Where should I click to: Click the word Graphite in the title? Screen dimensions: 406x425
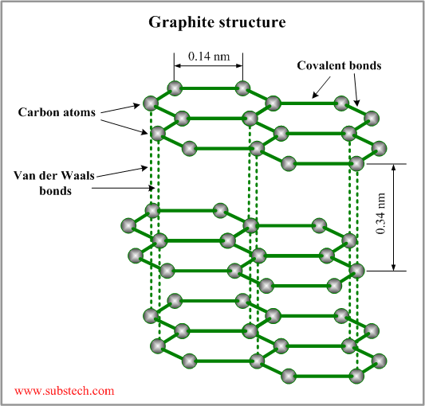(x=179, y=21)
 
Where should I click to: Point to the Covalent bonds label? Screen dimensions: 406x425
(x=338, y=66)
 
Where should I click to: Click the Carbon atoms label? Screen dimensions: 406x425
(x=57, y=112)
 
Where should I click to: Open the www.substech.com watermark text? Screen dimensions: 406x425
(x=64, y=391)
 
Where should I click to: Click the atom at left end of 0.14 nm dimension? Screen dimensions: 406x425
(x=175, y=87)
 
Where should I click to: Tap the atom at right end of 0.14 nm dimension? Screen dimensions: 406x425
(x=242, y=87)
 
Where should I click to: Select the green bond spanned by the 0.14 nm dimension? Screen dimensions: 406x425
(x=208, y=87)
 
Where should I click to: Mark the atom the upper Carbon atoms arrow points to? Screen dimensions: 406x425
(x=150, y=102)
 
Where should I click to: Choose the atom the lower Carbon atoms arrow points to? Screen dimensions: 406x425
(x=159, y=132)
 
